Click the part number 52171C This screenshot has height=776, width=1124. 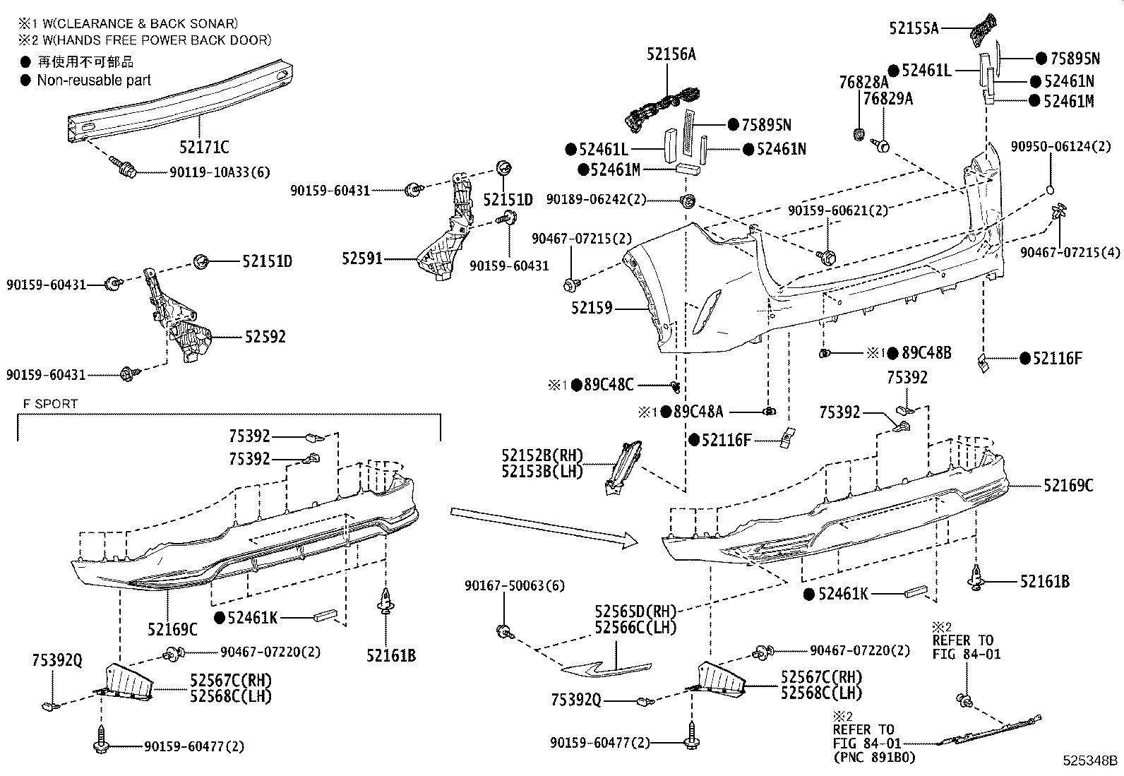tap(204, 147)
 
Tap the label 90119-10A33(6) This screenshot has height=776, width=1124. tap(220, 173)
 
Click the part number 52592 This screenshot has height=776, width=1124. tap(265, 336)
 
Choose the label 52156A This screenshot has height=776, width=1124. tap(671, 54)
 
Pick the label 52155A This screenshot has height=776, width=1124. tap(914, 28)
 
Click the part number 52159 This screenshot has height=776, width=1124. tap(592, 308)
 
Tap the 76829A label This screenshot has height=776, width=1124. tap(887, 99)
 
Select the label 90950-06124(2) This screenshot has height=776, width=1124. tap(1060, 147)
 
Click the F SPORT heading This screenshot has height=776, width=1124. tap(50, 404)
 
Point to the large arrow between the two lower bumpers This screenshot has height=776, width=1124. tap(544, 528)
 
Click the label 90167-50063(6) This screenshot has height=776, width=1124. tap(514, 586)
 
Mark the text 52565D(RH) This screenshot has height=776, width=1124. tap(635, 611)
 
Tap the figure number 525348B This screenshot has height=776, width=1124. tap(1090, 760)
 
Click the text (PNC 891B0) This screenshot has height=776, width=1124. tap(875, 758)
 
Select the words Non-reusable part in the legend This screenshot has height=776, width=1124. tap(94, 80)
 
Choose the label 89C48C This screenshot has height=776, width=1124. tap(609, 385)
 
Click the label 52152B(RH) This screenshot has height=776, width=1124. tap(542, 455)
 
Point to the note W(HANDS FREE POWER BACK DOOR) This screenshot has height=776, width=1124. tap(157, 40)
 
